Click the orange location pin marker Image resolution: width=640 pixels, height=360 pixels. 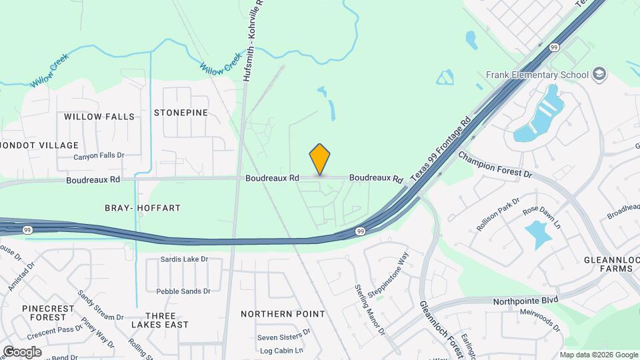pos(320,159)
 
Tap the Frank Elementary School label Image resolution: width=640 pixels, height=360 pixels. pos(537,75)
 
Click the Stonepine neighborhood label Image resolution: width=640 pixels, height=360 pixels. pos(181,113)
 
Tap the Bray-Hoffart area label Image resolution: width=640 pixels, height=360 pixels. pos(143,208)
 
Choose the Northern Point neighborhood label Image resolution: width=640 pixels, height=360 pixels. pos(283,314)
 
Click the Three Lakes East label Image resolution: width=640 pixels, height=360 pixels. pos(159,320)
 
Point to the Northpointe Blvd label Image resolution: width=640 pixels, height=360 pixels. pos(525,301)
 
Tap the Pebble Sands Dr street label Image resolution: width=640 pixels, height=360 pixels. pos(183,291)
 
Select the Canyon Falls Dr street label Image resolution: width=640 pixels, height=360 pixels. pos(99,156)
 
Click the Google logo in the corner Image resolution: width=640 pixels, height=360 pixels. pos(22,352)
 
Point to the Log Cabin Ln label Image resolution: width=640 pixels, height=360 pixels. pos(281,351)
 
